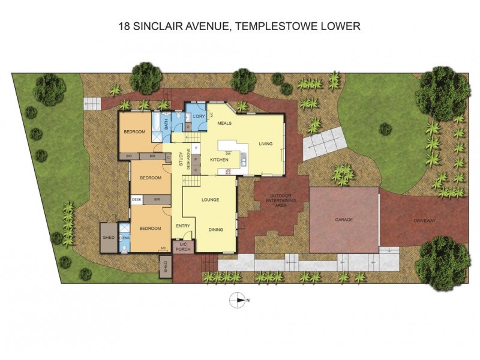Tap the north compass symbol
click(239, 300)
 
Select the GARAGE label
click(344, 220)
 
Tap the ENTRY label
click(182, 226)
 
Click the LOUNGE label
click(209, 199)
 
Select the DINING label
click(217, 229)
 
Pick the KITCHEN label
click(219, 160)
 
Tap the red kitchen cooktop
click(229, 172)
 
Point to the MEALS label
click(224, 123)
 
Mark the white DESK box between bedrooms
click(136, 199)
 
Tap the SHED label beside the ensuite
click(109, 237)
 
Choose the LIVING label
click(265, 144)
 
